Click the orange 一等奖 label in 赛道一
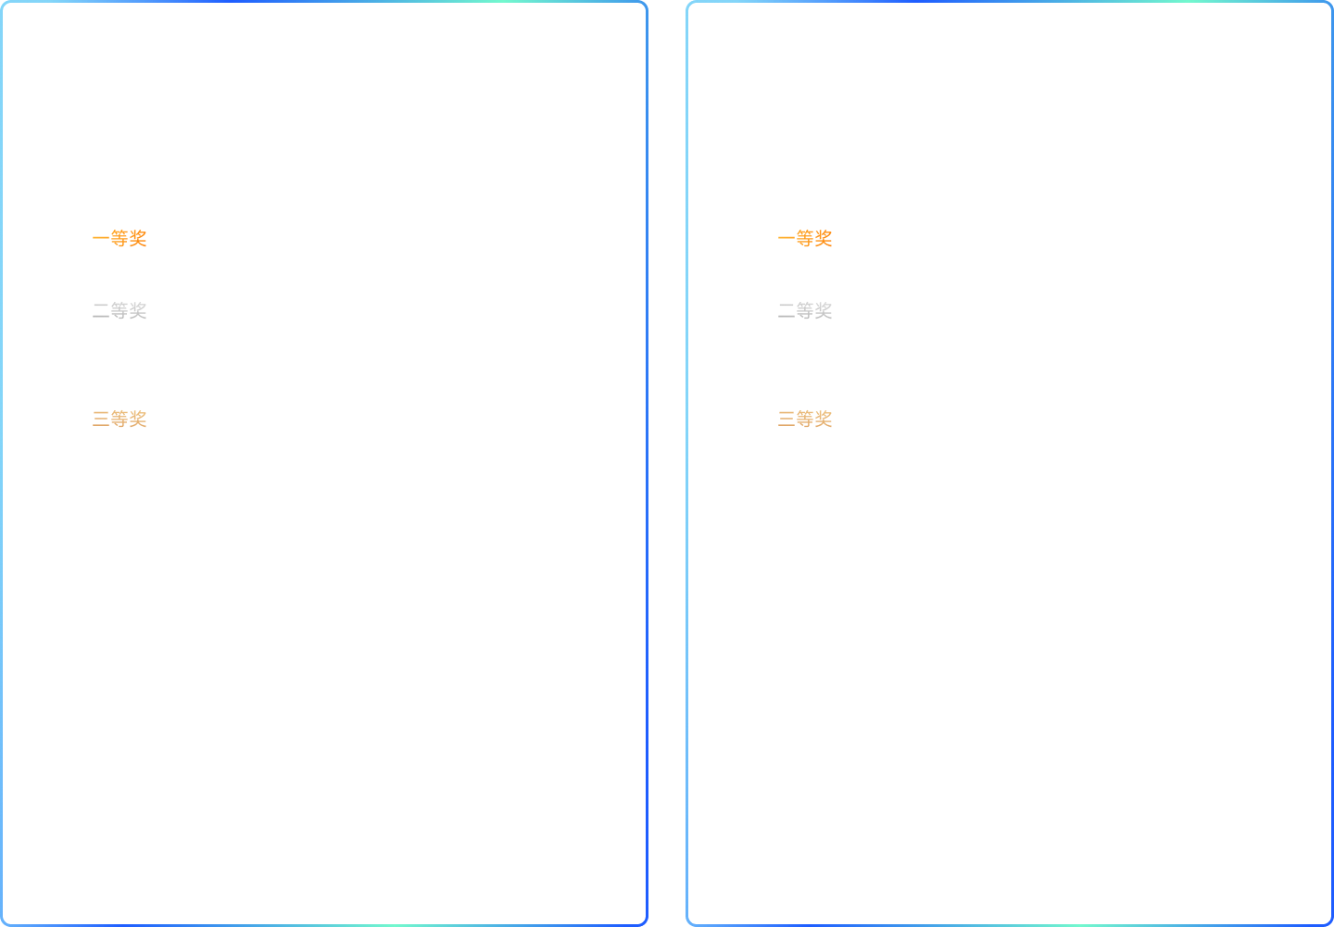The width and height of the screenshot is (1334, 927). click(x=120, y=239)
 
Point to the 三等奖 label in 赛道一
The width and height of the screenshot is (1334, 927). click(x=120, y=420)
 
